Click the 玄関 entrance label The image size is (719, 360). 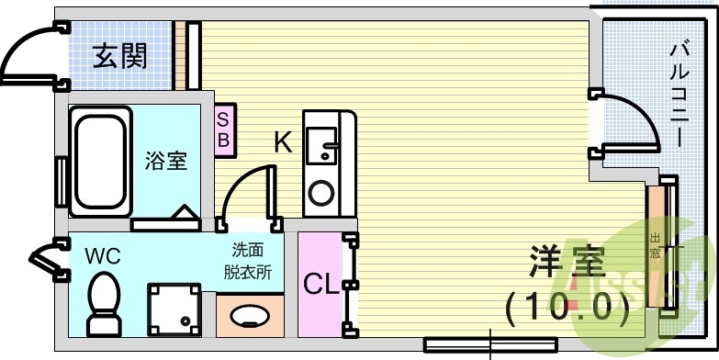coord(120,57)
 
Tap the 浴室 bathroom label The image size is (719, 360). coord(166,162)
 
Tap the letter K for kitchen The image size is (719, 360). coord(283,142)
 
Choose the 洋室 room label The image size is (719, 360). coord(567,264)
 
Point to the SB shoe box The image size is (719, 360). coord(223,129)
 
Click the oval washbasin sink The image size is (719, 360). coord(249,318)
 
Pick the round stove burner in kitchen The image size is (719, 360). coord(321,192)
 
